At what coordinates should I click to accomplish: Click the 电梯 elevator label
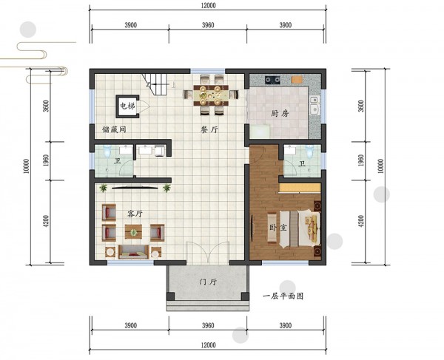coord(127,106)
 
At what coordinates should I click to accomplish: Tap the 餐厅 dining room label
coord(209,129)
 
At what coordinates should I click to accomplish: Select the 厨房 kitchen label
coord(280,114)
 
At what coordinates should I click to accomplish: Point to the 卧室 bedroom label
coord(278,228)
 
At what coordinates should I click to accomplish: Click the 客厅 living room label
coord(135,214)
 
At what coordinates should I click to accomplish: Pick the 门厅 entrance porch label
coord(208,282)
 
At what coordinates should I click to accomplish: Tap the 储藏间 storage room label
coord(114,129)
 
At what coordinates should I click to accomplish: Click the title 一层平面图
coord(283,296)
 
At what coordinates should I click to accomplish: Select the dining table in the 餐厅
coord(211,95)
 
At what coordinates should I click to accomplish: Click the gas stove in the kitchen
coord(272,80)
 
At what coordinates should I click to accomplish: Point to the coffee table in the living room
coord(133,232)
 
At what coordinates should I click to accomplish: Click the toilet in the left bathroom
coord(107,152)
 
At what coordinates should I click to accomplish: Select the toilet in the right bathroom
coord(309,151)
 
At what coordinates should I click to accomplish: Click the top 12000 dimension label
coord(209,5)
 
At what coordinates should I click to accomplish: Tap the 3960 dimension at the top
coord(208,25)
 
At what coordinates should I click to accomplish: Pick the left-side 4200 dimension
coord(46,221)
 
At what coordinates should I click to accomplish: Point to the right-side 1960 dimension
coord(361,160)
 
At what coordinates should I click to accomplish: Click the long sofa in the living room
coord(133,252)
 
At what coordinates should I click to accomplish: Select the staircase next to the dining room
coord(155,84)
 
